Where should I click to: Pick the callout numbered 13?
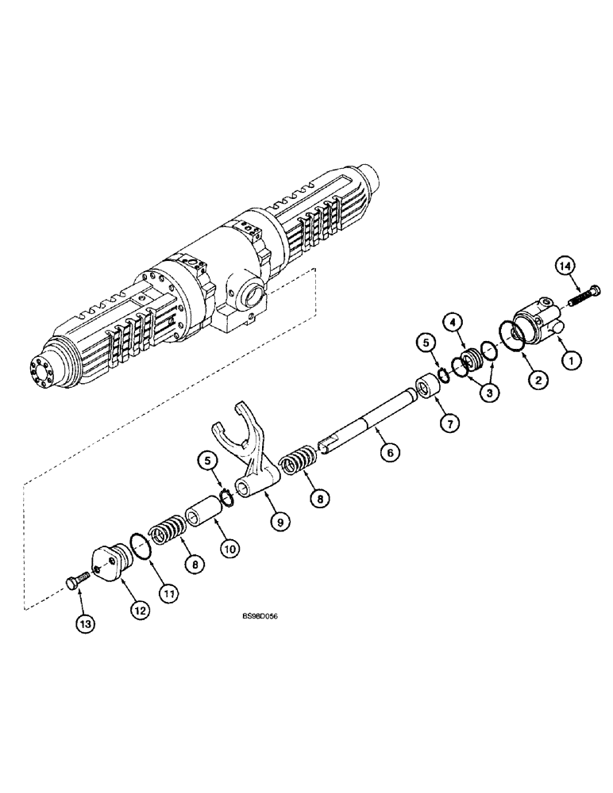pyautogui.click(x=85, y=624)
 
